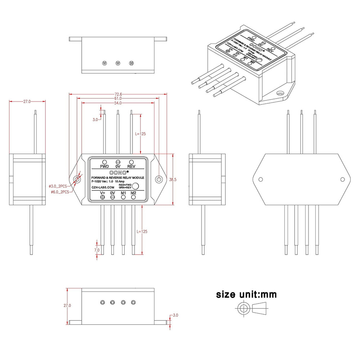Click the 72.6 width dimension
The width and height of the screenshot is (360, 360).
(x=118, y=94)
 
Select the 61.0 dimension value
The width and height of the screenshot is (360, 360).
(x=118, y=98)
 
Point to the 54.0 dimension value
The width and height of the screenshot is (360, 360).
(x=118, y=103)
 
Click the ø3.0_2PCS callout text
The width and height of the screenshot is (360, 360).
(x=59, y=186)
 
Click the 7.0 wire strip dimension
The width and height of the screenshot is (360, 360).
(x=97, y=250)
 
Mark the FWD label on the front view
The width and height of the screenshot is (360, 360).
(x=104, y=166)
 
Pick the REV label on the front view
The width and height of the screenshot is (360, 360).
(x=131, y=166)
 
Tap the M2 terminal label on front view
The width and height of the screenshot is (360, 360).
(x=133, y=193)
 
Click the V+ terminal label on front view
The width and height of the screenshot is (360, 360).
(x=103, y=193)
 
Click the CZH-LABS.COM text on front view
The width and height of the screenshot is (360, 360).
(x=103, y=188)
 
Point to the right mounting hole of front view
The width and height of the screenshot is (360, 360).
(x=159, y=179)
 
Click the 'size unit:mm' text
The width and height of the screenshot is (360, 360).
(x=246, y=294)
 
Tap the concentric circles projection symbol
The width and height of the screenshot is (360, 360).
(x=244, y=309)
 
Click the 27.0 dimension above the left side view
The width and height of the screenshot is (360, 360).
(x=27, y=102)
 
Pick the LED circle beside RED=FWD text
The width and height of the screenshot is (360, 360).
(x=136, y=186)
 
